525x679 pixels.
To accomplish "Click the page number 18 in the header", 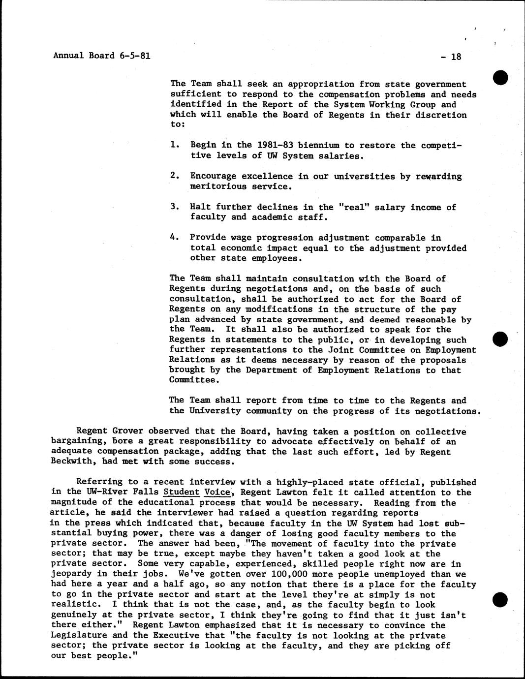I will [456, 57].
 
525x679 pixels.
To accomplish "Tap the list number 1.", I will [174, 145].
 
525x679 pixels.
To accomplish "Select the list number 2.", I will [174, 176].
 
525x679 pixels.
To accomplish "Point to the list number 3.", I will [174, 207].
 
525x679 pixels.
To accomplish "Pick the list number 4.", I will [174, 237].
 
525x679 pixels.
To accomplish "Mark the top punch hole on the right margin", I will [500, 78].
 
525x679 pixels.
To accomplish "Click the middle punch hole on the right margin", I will [500, 340].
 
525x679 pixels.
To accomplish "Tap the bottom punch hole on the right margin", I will [500, 599].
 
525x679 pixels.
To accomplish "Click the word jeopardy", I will [71, 574].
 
